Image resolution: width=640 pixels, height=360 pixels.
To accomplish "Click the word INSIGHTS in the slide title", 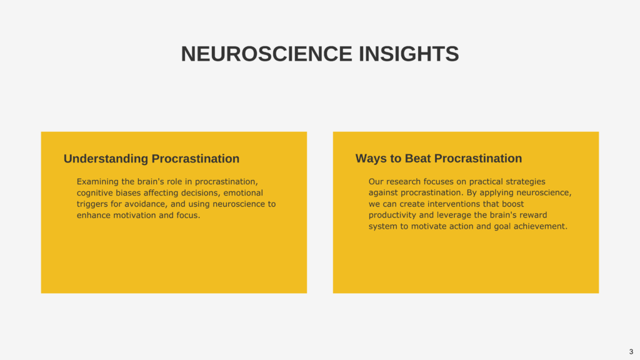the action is coord(409,54).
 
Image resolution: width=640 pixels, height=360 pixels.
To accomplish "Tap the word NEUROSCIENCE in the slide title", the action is coord(266,54).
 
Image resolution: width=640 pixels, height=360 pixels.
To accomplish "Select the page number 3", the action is coord(631,352).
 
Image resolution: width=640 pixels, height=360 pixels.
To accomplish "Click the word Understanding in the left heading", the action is coord(106,159).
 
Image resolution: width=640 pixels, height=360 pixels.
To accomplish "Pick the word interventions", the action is coord(454,204).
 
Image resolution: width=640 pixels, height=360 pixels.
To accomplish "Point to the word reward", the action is coord(533,215).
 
